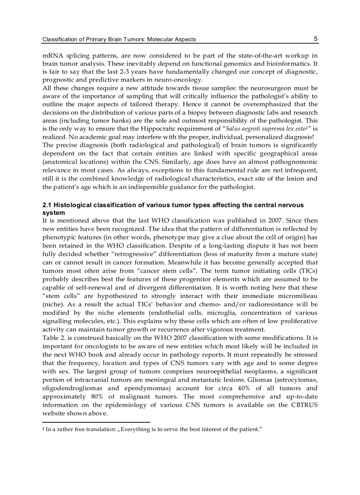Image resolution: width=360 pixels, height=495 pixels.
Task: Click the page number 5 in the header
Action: [x=315, y=39]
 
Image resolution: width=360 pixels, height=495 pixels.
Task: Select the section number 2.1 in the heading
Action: [x=47, y=205]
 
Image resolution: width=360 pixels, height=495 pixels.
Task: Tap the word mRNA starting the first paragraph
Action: [x=53, y=56]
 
